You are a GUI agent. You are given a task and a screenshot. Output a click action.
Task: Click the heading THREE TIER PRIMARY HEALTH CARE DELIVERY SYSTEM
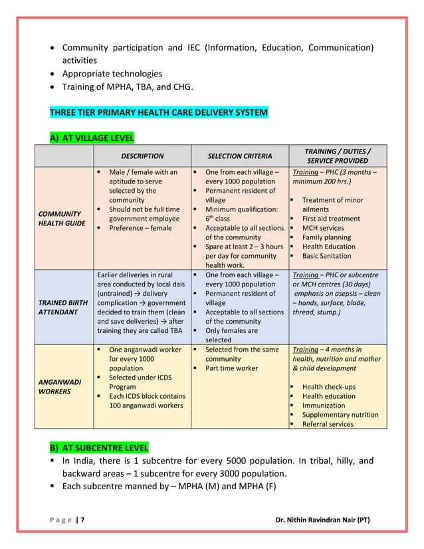[x=159, y=113]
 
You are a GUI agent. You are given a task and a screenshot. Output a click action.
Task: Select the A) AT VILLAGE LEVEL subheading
[x=92, y=138]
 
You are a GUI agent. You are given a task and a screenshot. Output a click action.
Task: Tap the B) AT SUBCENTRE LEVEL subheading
[x=99, y=447]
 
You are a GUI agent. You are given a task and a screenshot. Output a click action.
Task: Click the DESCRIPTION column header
[x=142, y=156]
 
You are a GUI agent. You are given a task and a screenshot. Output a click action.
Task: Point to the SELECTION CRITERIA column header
[x=240, y=156]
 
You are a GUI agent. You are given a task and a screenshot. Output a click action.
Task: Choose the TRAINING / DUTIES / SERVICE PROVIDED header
[x=338, y=156]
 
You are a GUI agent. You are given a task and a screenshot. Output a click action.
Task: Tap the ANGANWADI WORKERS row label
[x=59, y=387]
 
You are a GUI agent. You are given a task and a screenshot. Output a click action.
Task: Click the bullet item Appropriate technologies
[x=112, y=74]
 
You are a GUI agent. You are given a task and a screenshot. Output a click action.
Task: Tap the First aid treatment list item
[x=331, y=219]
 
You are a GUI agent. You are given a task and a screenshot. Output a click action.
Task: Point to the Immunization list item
[x=324, y=405]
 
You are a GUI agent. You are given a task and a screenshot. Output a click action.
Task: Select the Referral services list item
[x=328, y=424]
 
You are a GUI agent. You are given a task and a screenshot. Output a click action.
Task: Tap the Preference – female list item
[x=140, y=228]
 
